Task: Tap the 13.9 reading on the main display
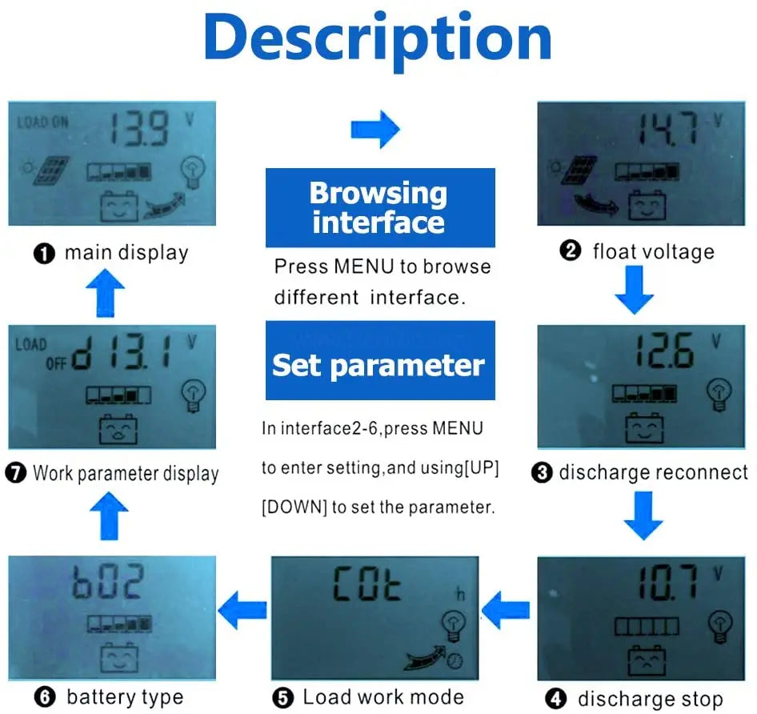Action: [x=139, y=129]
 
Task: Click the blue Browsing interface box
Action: [x=379, y=207]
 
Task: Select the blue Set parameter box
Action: [x=379, y=365]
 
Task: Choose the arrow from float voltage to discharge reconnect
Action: [x=635, y=291]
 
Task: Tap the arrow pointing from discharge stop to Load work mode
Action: [x=504, y=612]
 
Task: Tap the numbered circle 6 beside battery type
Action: [x=46, y=697]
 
